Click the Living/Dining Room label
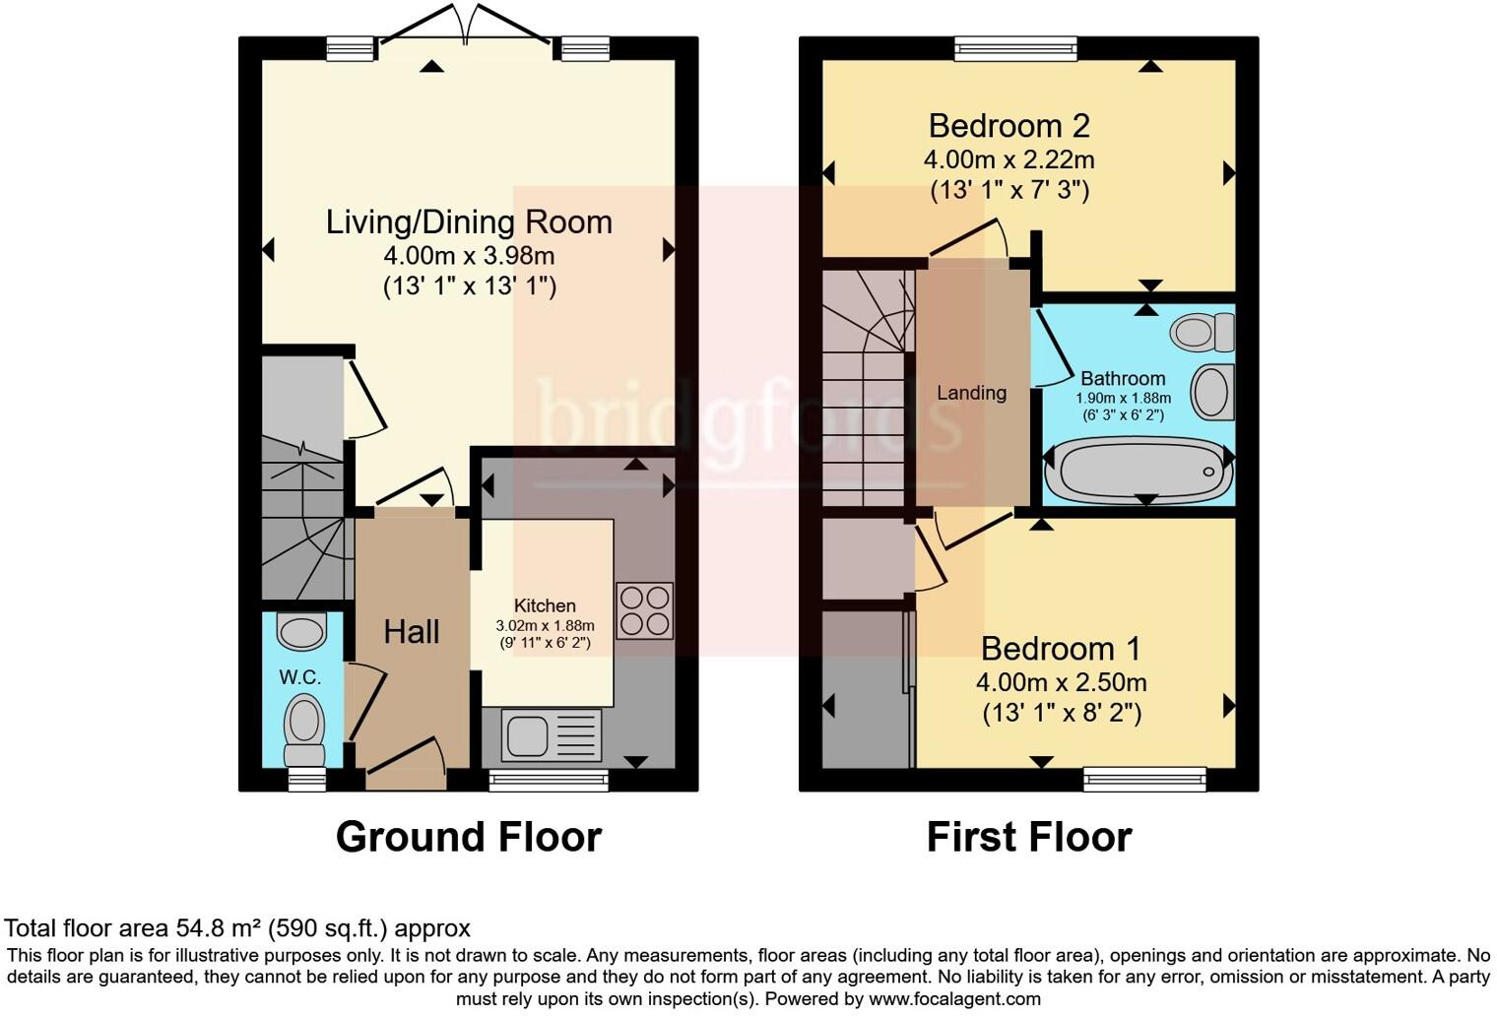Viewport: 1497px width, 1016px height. pyautogui.click(x=469, y=222)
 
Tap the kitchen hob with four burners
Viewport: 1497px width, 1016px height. pyautogui.click(x=644, y=610)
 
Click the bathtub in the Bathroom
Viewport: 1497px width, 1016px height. pyautogui.click(x=1139, y=472)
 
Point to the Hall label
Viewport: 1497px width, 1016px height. pyautogui.click(x=411, y=632)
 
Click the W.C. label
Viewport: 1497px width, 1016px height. pyautogui.click(x=299, y=677)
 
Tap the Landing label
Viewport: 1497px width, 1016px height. pyautogui.click(x=971, y=393)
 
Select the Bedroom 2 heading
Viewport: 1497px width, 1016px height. pyautogui.click(x=1009, y=126)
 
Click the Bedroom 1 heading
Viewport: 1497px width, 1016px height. pyautogui.click(x=1061, y=649)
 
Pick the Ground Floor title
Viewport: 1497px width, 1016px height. pyautogui.click(x=468, y=837)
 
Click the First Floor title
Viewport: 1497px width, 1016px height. pyautogui.click(x=1028, y=837)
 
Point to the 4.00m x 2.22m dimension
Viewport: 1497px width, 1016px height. pyautogui.click(x=1009, y=159)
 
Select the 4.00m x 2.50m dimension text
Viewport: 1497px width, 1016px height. pyautogui.click(x=1061, y=682)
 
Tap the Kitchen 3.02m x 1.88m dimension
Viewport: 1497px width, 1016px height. pyautogui.click(x=545, y=625)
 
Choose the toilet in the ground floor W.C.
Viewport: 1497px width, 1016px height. pyautogui.click(x=304, y=729)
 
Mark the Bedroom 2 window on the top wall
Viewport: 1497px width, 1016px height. pyautogui.click(x=1014, y=48)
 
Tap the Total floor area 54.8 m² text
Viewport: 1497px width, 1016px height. pyautogui.click(x=237, y=928)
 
